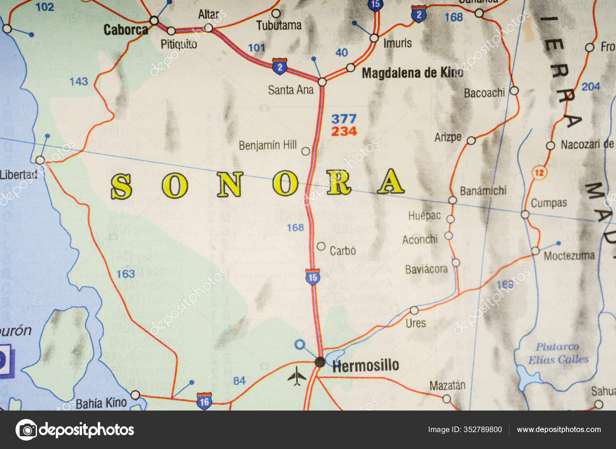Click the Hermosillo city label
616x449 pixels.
pyautogui.click(x=365, y=366)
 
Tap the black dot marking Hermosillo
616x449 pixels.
pyautogui.click(x=320, y=362)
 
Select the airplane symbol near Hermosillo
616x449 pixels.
pyautogui.click(x=297, y=376)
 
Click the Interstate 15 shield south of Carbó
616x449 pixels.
pyautogui.click(x=313, y=277)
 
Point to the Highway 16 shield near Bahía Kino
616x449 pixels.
pyautogui.click(x=204, y=401)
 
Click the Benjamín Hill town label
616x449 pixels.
pyautogui.click(x=268, y=145)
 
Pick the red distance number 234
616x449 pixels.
pyautogui.click(x=344, y=131)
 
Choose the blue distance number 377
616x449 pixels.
pyautogui.click(x=344, y=119)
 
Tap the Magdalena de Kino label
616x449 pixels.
pyautogui.click(x=412, y=73)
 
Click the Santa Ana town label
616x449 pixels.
pyautogui.click(x=291, y=90)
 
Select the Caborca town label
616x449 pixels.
pyautogui.click(x=126, y=30)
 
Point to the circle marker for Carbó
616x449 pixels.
pyautogui.click(x=321, y=246)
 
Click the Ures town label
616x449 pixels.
pyautogui.click(x=416, y=323)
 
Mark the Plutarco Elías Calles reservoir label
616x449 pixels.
pyautogui.click(x=558, y=353)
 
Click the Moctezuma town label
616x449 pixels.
pyautogui.click(x=569, y=255)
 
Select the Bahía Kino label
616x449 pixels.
pyautogui.click(x=101, y=403)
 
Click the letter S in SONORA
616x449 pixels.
pyautogui.click(x=122, y=187)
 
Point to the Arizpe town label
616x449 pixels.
pyautogui.click(x=448, y=137)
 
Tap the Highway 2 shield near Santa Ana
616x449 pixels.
pyautogui.click(x=280, y=66)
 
